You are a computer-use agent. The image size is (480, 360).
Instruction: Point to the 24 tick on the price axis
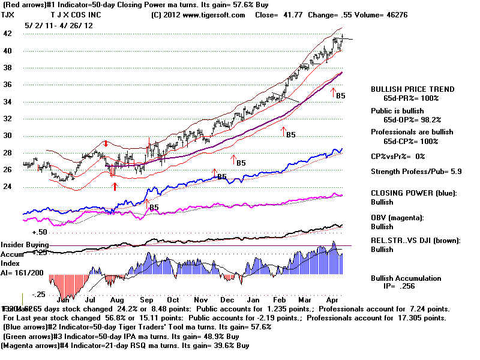tap(8, 187)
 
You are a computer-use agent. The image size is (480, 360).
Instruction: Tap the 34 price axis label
tap(8, 102)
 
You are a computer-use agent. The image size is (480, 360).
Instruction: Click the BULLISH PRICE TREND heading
tap(413, 89)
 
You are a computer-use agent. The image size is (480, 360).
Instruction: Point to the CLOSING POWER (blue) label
tap(413, 194)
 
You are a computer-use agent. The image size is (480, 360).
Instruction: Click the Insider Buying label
tap(25, 245)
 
